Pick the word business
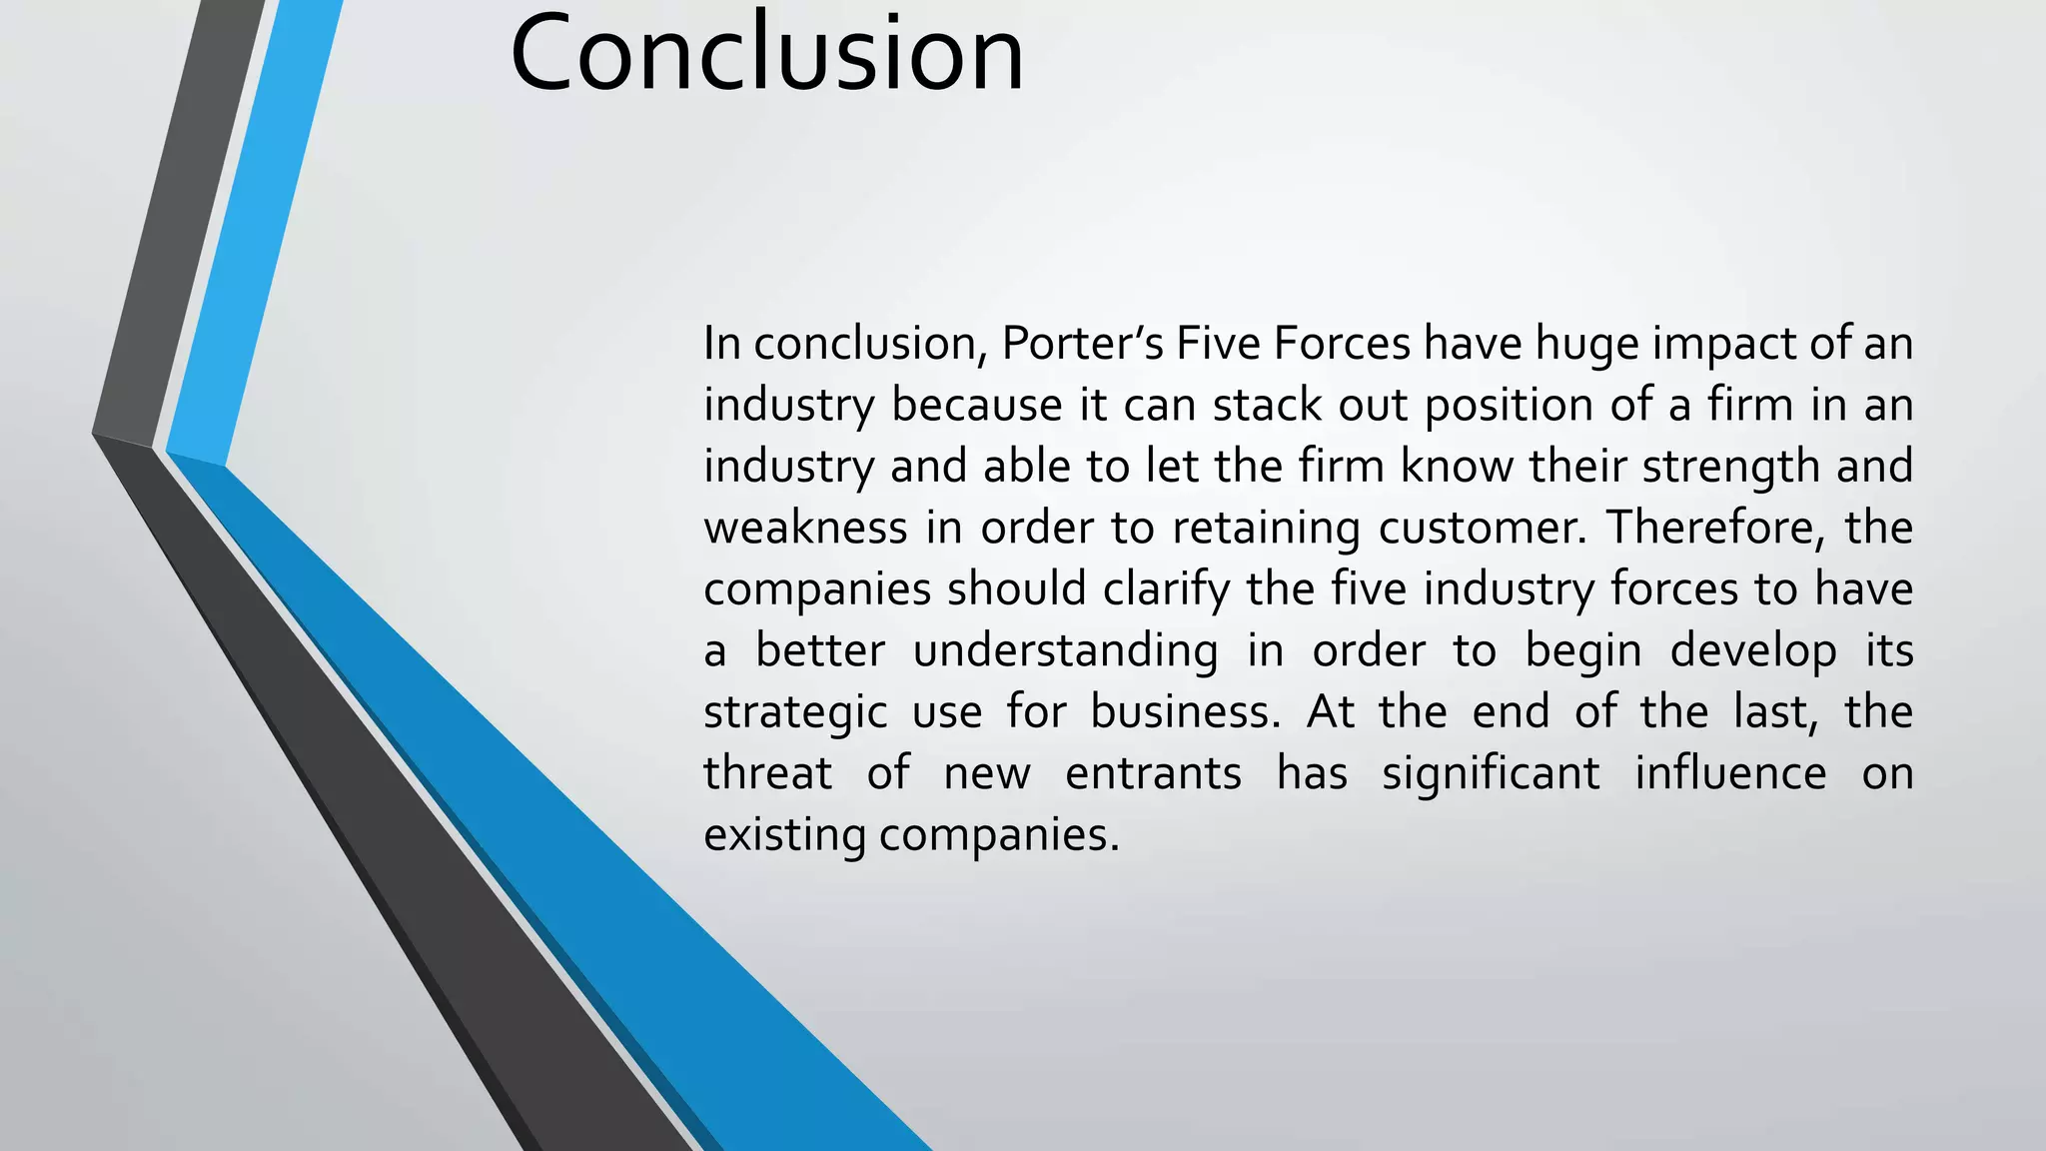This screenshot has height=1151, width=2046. coord(1185,712)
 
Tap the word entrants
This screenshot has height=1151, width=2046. coord(1153,774)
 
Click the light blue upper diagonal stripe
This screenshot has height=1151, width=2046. coord(255,230)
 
